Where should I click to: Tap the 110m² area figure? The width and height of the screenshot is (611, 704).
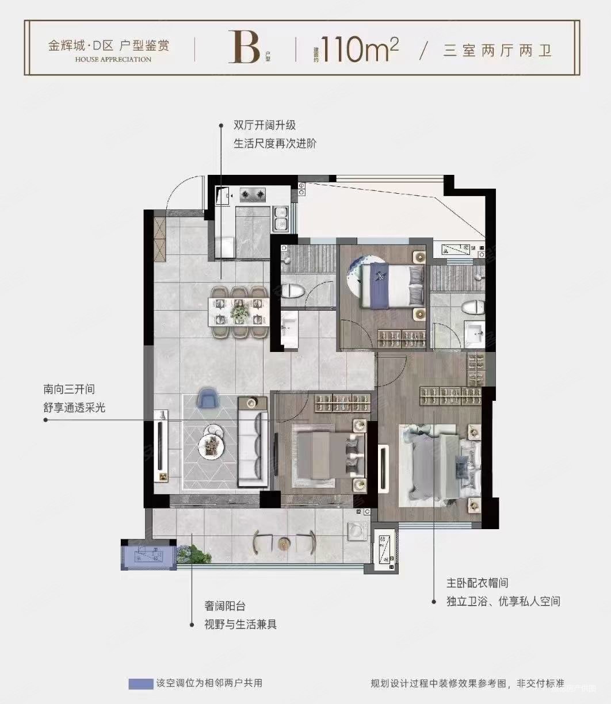tap(360, 49)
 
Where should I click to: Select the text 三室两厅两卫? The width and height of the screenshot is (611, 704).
tap(498, 51)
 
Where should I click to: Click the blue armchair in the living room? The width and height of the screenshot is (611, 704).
tap(207, 397)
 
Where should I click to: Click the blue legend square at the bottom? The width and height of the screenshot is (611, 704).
tap(139, 684)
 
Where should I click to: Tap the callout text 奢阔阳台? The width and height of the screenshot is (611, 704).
tap(225, 606)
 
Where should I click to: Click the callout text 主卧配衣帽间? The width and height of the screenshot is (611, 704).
tap(478, 583)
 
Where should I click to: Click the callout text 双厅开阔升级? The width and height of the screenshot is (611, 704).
tap(264, 125)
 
